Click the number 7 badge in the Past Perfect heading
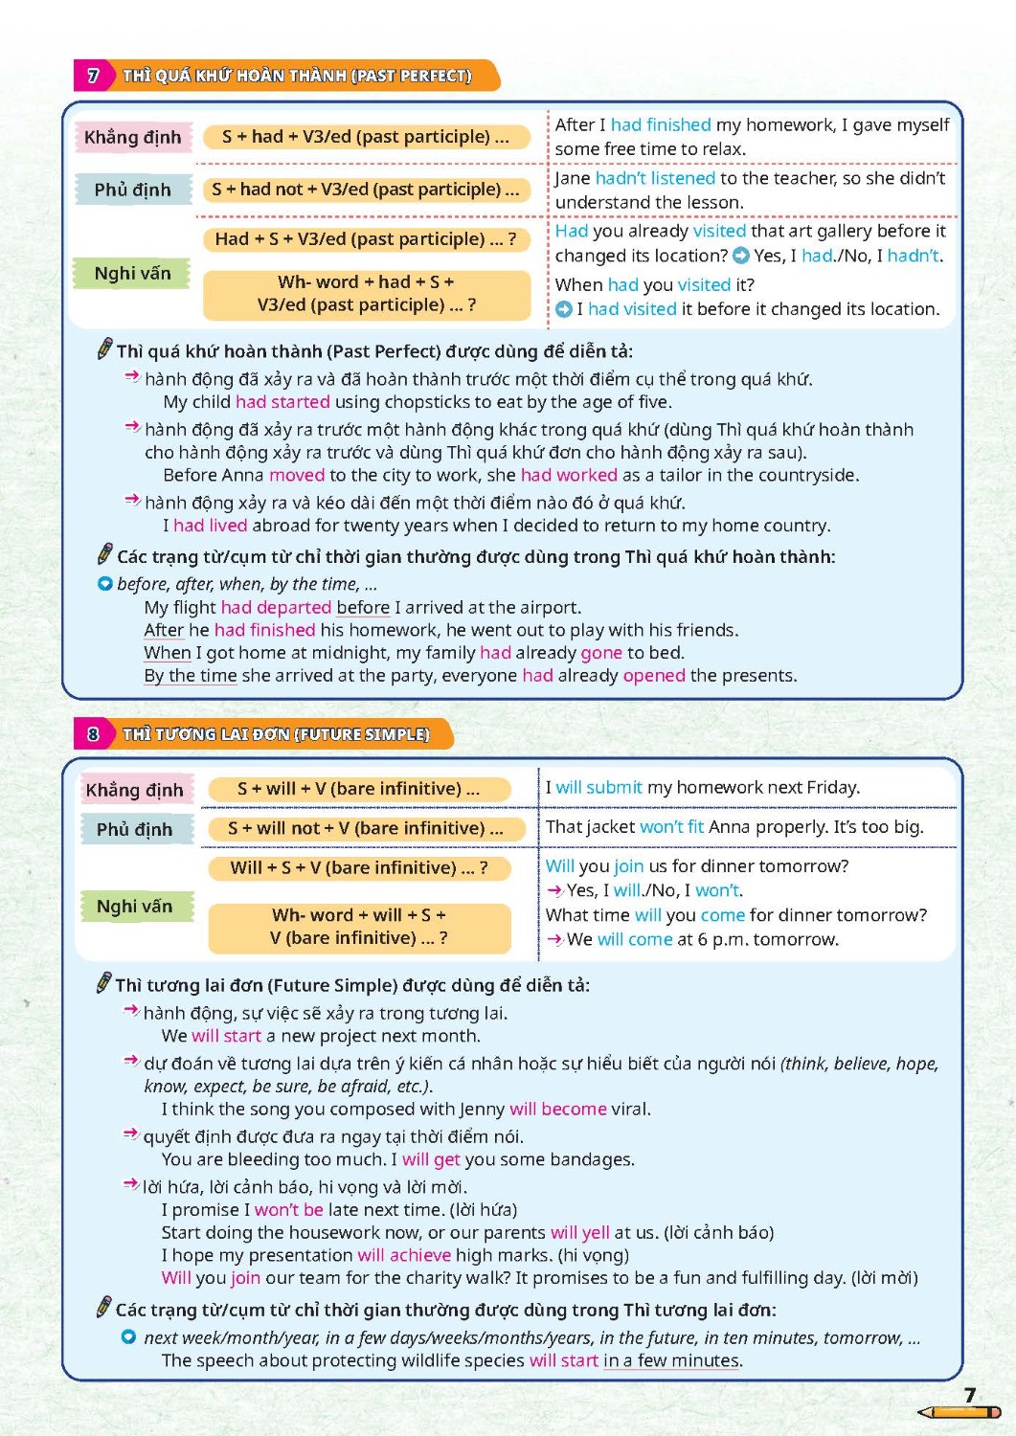93,76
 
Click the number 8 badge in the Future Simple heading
93,734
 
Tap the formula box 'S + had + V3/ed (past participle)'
366,137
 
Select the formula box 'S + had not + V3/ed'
366,190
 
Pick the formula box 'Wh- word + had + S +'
366,294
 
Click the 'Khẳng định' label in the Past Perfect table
132,137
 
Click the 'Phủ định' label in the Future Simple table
134,829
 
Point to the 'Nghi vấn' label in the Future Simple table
134,906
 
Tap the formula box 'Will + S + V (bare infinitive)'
359,867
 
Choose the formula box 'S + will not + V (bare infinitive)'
366,828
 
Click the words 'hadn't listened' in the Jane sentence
655,178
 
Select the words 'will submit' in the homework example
598,787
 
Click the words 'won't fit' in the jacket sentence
671,826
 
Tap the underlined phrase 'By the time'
190,676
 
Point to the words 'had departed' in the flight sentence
276,607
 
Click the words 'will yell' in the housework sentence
579,1232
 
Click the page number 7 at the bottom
970,1395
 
